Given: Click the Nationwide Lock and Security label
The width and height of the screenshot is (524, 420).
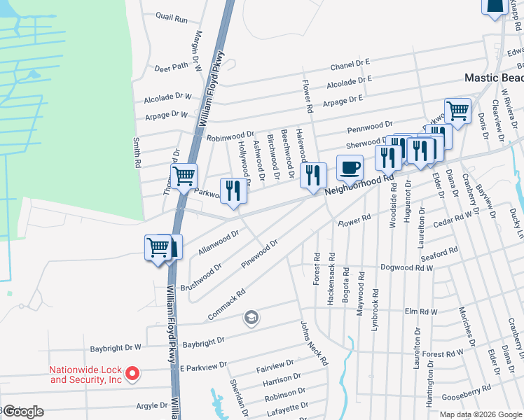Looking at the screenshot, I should (85, 374).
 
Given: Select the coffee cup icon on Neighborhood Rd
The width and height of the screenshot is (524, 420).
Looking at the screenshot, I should (350, 169).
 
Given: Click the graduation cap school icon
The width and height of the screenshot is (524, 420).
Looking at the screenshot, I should (250, 319).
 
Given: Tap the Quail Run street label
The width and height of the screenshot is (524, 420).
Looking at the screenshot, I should (172, 17).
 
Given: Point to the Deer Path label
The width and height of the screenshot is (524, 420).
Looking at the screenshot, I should (172, 67).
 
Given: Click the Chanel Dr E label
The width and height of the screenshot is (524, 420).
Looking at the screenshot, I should (350, 64).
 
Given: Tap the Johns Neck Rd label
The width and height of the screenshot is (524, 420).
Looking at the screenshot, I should (314, 344).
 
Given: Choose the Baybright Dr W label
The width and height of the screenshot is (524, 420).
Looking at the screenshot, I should (116, 347).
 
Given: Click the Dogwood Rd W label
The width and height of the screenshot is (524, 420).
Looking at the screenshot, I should (406, 267).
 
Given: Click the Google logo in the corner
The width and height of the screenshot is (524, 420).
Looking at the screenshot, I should (23, 412).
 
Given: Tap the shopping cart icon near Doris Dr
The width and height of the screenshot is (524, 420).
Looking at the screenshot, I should (457, 110).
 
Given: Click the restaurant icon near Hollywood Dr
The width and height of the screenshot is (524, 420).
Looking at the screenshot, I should (233, 191).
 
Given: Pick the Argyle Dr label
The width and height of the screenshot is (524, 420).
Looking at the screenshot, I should (151, 405).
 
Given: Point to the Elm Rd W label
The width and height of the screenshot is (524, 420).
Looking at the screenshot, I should (421, 311).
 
